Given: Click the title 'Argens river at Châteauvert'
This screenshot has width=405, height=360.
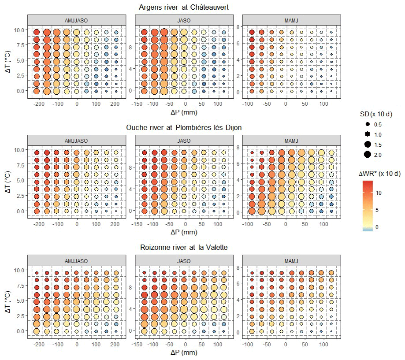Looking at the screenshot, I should (183, 7).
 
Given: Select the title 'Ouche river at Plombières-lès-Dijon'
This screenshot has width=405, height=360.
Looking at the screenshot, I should (184, 127).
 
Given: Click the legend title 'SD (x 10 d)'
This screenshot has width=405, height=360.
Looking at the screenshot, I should (378, 114).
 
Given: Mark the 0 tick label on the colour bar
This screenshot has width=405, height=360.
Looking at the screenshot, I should (377, 226).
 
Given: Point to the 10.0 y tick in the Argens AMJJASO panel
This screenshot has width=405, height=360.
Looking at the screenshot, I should (21, 30).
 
